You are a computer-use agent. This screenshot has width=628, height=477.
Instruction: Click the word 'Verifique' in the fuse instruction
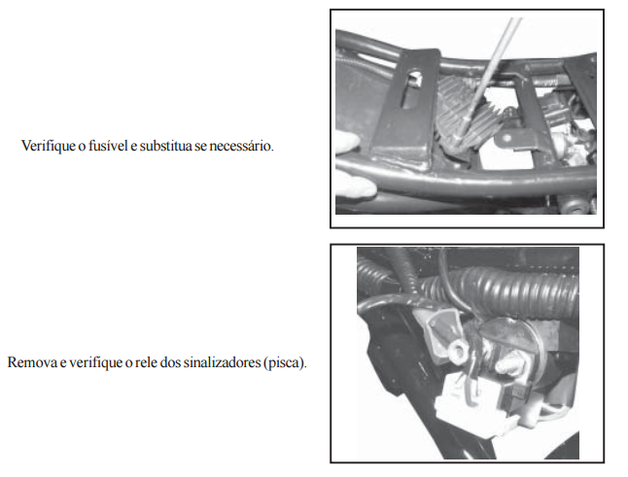tap(49, 146)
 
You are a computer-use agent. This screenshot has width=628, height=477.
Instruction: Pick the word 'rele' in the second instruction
tap(146, 362)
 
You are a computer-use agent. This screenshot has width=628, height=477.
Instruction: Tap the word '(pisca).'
tap(286, 362)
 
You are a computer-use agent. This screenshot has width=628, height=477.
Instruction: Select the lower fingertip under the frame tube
tap(356, 185)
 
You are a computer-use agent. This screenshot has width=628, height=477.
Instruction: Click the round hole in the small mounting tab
tap(507, 139)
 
